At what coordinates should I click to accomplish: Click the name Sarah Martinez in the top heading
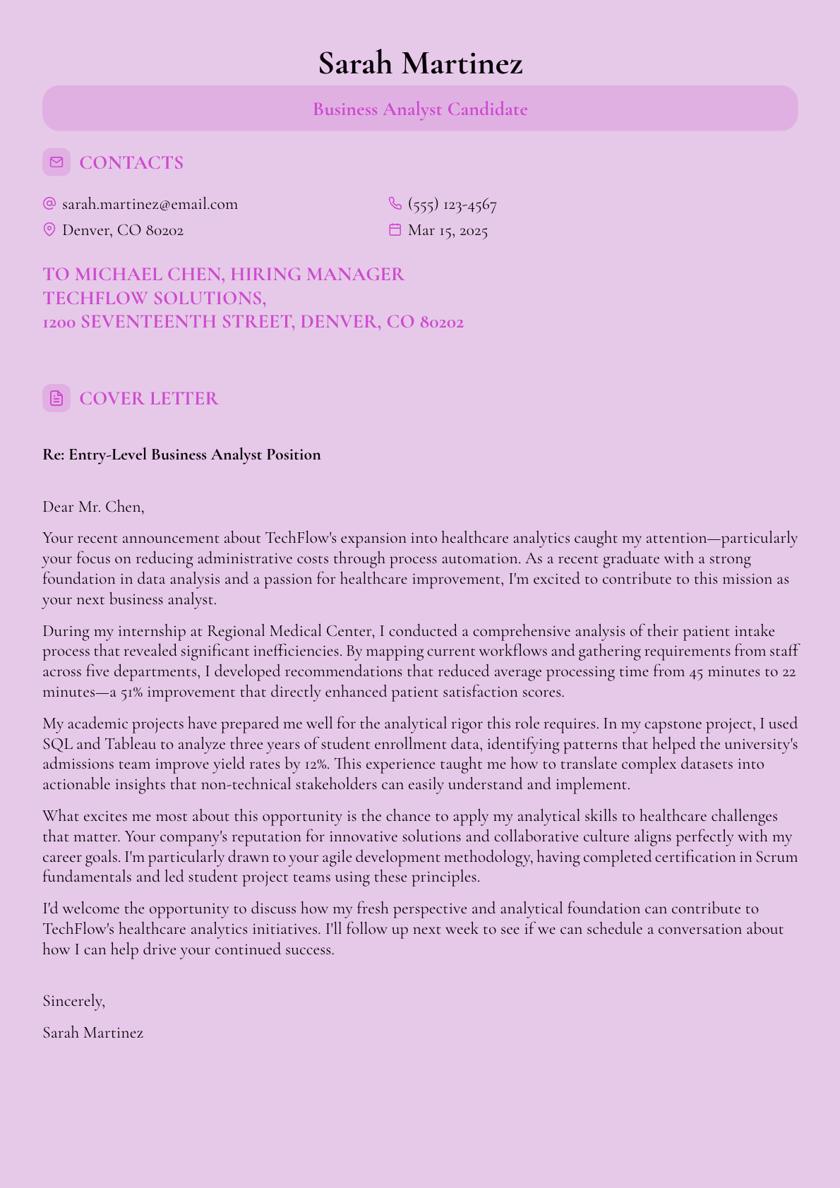coord(420,64)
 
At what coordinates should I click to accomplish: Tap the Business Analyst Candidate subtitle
coord(420,109)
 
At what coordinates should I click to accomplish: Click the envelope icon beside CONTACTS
coord(56,162)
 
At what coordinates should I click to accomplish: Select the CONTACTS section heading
coord(131,163)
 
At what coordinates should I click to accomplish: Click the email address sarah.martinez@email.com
coord(150,205)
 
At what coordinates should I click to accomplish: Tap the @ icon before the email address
coord(49,204)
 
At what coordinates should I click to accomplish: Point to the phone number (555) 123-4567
coord(452,205)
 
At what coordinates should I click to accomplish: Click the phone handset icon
coord(395,204)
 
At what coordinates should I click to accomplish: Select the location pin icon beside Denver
coord(49,229)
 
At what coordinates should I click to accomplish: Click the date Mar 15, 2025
coord(448,231)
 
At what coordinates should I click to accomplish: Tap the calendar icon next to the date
coord(395,229)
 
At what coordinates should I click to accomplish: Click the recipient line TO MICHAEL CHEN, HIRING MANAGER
coord(224,274)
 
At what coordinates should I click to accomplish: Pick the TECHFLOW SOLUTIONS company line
coord(155,298)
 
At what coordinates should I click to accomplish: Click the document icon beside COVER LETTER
coord(56,398)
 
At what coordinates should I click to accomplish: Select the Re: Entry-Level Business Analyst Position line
coord(181,455)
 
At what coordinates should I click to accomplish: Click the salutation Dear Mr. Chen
coord(93,507)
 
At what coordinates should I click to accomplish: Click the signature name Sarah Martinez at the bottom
coord(93,1033)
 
